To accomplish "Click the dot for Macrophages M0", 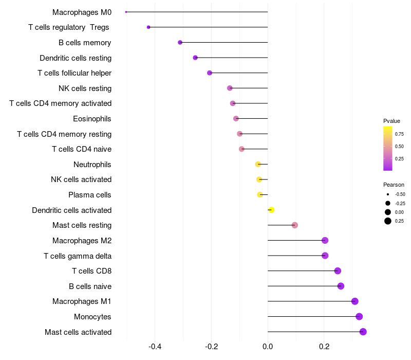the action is click(126, 12).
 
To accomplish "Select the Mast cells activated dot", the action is click(363, 332).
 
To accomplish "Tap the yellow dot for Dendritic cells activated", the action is click(271, 210).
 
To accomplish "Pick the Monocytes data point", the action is click(359, 316).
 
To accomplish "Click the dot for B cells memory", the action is click(180, 42).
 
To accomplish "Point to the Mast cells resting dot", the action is click(294, 225).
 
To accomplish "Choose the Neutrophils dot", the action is click(258, 164).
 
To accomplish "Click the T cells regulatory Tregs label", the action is click(69, 27).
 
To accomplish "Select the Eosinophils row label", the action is click(92, 119).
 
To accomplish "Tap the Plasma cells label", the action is click(89, 195).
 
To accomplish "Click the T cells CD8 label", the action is click(92, 271).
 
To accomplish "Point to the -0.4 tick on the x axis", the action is click(155, 347).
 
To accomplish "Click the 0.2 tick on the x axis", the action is click(324, 347).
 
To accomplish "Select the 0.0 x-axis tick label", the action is click(268, 347).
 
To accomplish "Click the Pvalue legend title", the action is click(391, 121).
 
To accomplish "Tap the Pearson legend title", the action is click(394, 185).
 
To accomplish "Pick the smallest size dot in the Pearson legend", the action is click(388, 194).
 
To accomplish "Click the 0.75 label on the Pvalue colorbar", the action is click(399, 134).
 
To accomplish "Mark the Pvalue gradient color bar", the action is click(388, 149).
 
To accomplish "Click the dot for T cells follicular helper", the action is click(210, 73).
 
